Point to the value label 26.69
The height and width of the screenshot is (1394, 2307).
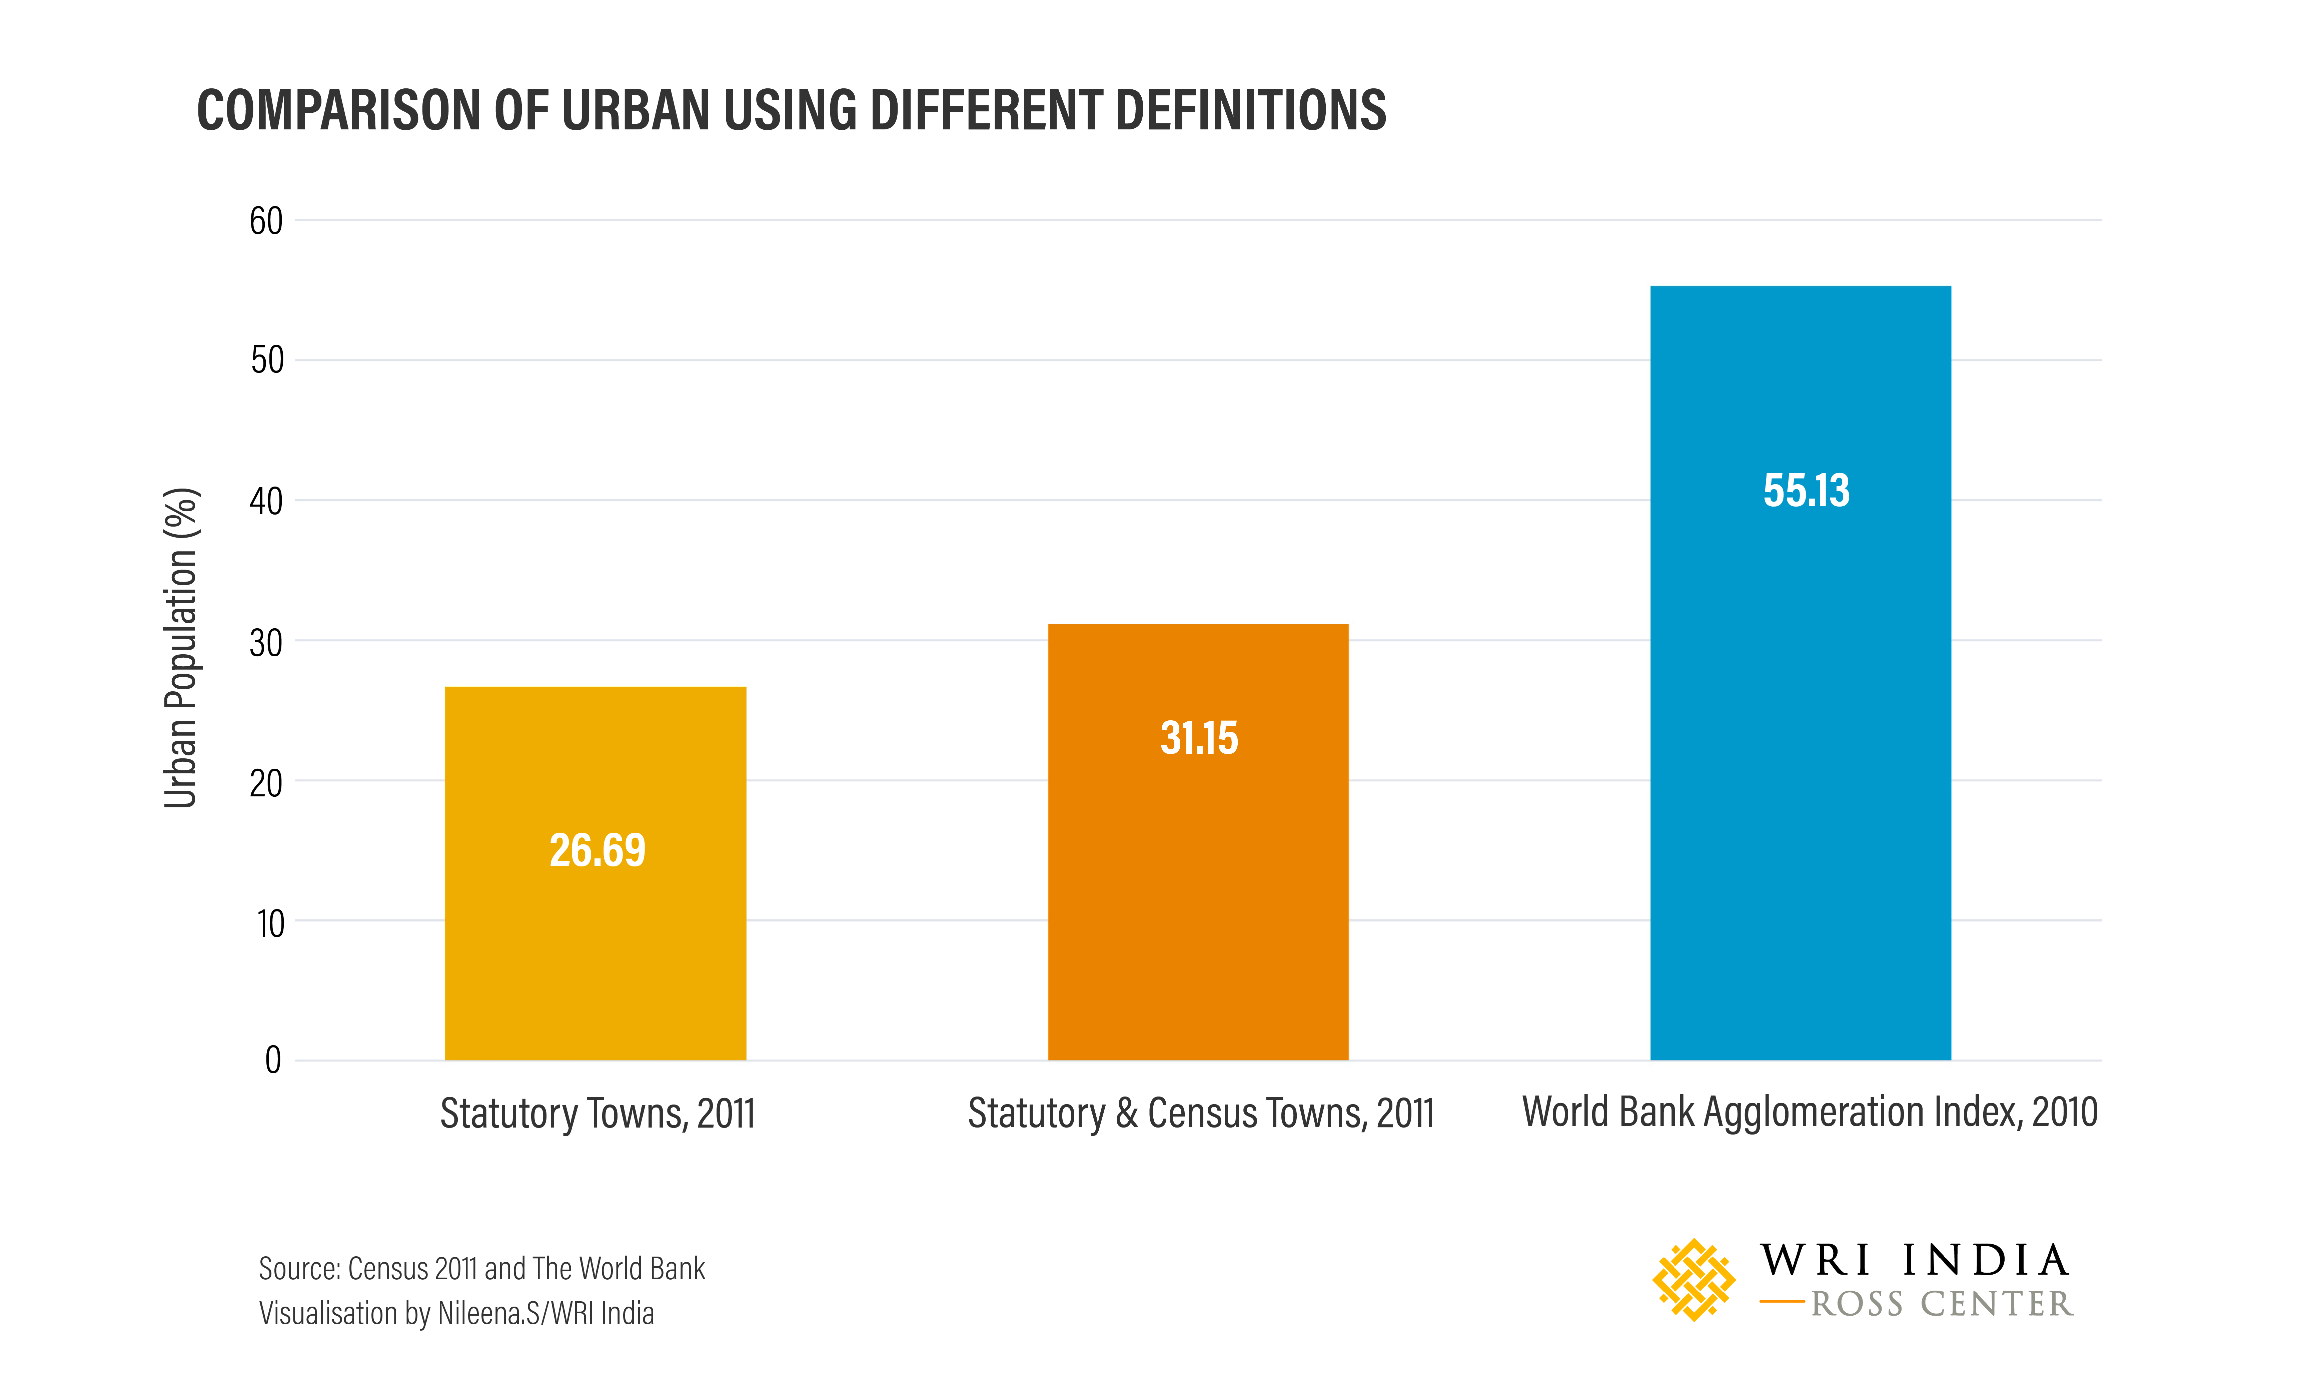pos(598,850)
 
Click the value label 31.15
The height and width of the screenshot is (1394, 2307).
pos(1199,738)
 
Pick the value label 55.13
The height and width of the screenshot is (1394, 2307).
pos(1806,491)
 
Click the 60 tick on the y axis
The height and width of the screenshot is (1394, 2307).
pos(266,221)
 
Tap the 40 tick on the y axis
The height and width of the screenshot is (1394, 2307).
pos(266,501)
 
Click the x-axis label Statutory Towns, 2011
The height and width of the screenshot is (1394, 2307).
pos(598,1113)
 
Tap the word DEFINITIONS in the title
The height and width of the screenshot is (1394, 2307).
pos(1250,110)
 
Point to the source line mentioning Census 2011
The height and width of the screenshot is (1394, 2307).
pos(481,1269)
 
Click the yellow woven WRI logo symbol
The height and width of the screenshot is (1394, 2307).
pos(1693,1280)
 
